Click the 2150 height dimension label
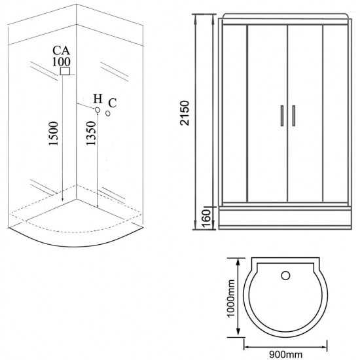185,113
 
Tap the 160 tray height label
206,218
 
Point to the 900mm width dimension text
285,355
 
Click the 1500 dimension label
54,134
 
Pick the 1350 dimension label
91,133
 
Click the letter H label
98,99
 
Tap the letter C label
113,103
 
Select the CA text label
62,50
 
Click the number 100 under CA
62,62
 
